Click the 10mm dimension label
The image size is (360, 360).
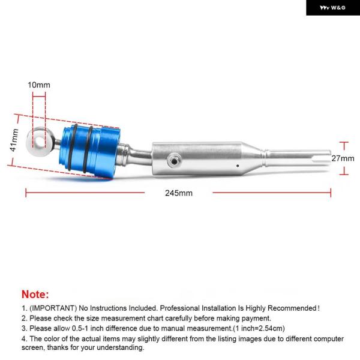click(x=39, y=85)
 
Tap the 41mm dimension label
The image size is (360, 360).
click(x=14, y=140)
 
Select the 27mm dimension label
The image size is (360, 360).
click(x=343, y=158)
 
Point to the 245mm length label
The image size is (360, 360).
click(x=179, y=193)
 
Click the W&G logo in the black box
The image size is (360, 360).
click(x=332, y=8)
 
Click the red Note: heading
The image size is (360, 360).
click(x=35, y=295)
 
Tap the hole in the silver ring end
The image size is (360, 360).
click(x=40, y=142)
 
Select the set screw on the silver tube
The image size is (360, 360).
click(x=174, y=161)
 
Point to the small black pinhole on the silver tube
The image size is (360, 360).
click(x=238, y=166)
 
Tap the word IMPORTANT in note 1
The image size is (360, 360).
click(x=53, y=308)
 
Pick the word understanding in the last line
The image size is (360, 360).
click(x=121, y=347)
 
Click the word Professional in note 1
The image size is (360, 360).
click(x=179, y=308)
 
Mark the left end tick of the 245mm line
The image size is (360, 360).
click(x=26, y=193)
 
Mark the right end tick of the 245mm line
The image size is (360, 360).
click(x=331, y=193)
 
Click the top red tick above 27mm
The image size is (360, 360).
click(x=344, y=143)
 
